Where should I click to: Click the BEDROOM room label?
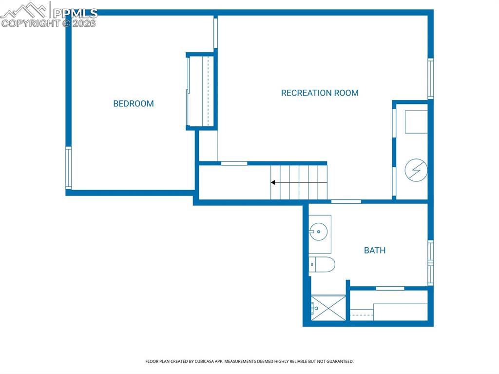(x=134, y=103)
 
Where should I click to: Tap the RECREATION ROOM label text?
(x=320, y=93)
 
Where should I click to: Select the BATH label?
(x=375, y=250)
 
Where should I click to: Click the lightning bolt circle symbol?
(x=416, y=170)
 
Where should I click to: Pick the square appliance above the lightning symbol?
(x=416, y=122)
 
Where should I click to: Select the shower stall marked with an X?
(x=328, y=308)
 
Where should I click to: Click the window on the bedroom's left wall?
(x=69, y=168)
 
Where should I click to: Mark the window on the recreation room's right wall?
(x=430, y=79)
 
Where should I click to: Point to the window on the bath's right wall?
(x=430, y=263)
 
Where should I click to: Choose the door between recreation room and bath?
(x=346, y=201)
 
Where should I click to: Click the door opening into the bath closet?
(x=390, y=288)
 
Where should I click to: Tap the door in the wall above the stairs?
(x=234, y=163)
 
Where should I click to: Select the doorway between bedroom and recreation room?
(x=215, y=33)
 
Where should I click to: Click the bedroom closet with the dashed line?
(x=201, y=91)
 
